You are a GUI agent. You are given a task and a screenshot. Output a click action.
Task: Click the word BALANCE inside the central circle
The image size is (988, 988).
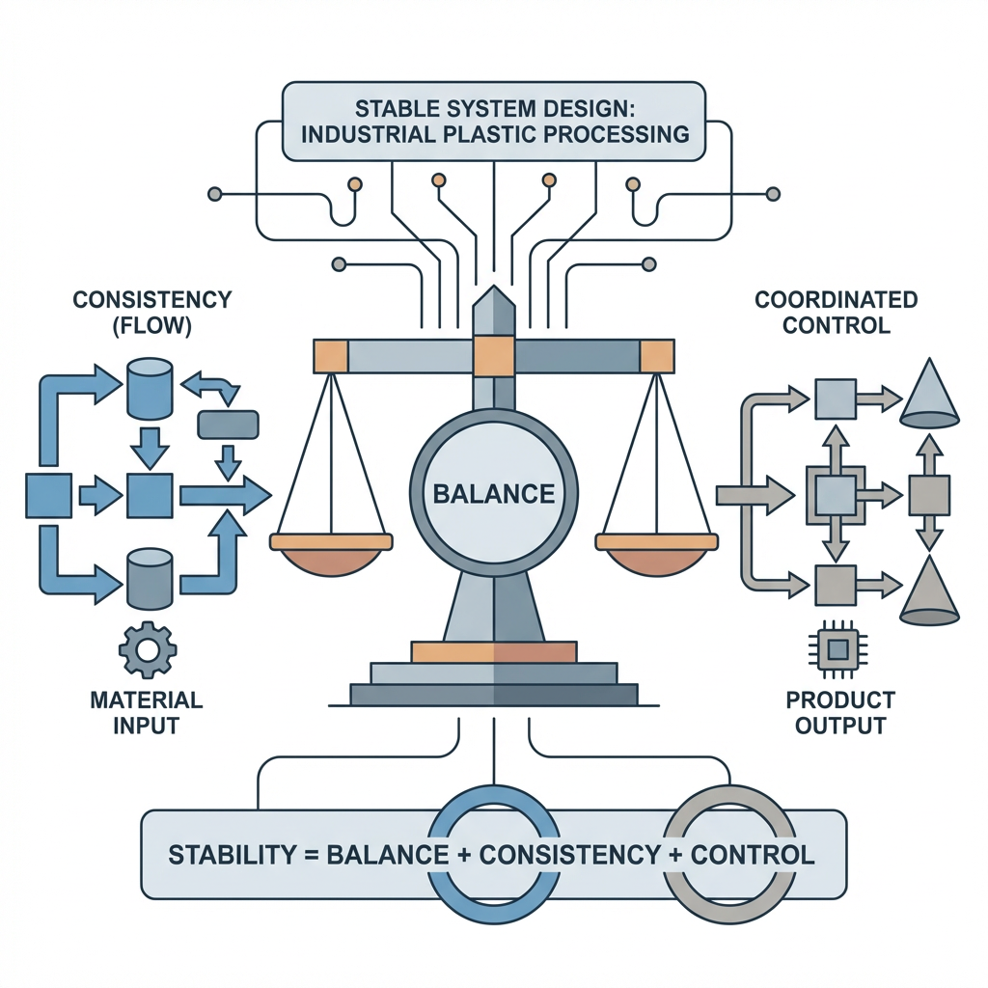coord(494,495)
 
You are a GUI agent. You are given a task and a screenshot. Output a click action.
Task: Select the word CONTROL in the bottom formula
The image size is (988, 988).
coord(754,855)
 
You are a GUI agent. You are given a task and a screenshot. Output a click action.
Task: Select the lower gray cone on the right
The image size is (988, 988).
coord(929,590)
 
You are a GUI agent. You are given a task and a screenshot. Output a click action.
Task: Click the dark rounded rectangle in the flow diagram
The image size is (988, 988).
coord(227,425)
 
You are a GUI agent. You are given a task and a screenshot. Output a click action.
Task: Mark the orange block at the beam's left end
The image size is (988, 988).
coord(330,356)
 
